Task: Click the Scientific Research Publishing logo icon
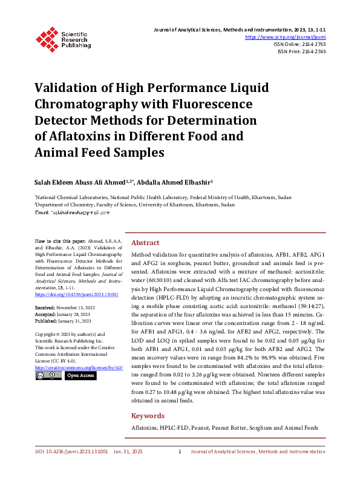click(47, 38)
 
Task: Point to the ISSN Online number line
click(299, 44)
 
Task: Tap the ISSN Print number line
click(301, 51)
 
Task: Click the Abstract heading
click(145, 241)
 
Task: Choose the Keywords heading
click(148, 416)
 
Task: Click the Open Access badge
click(80, 376)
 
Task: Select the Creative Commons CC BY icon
click(47, 376)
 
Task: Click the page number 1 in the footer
click(180, 468)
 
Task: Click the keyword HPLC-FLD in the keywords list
click(174, 428)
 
